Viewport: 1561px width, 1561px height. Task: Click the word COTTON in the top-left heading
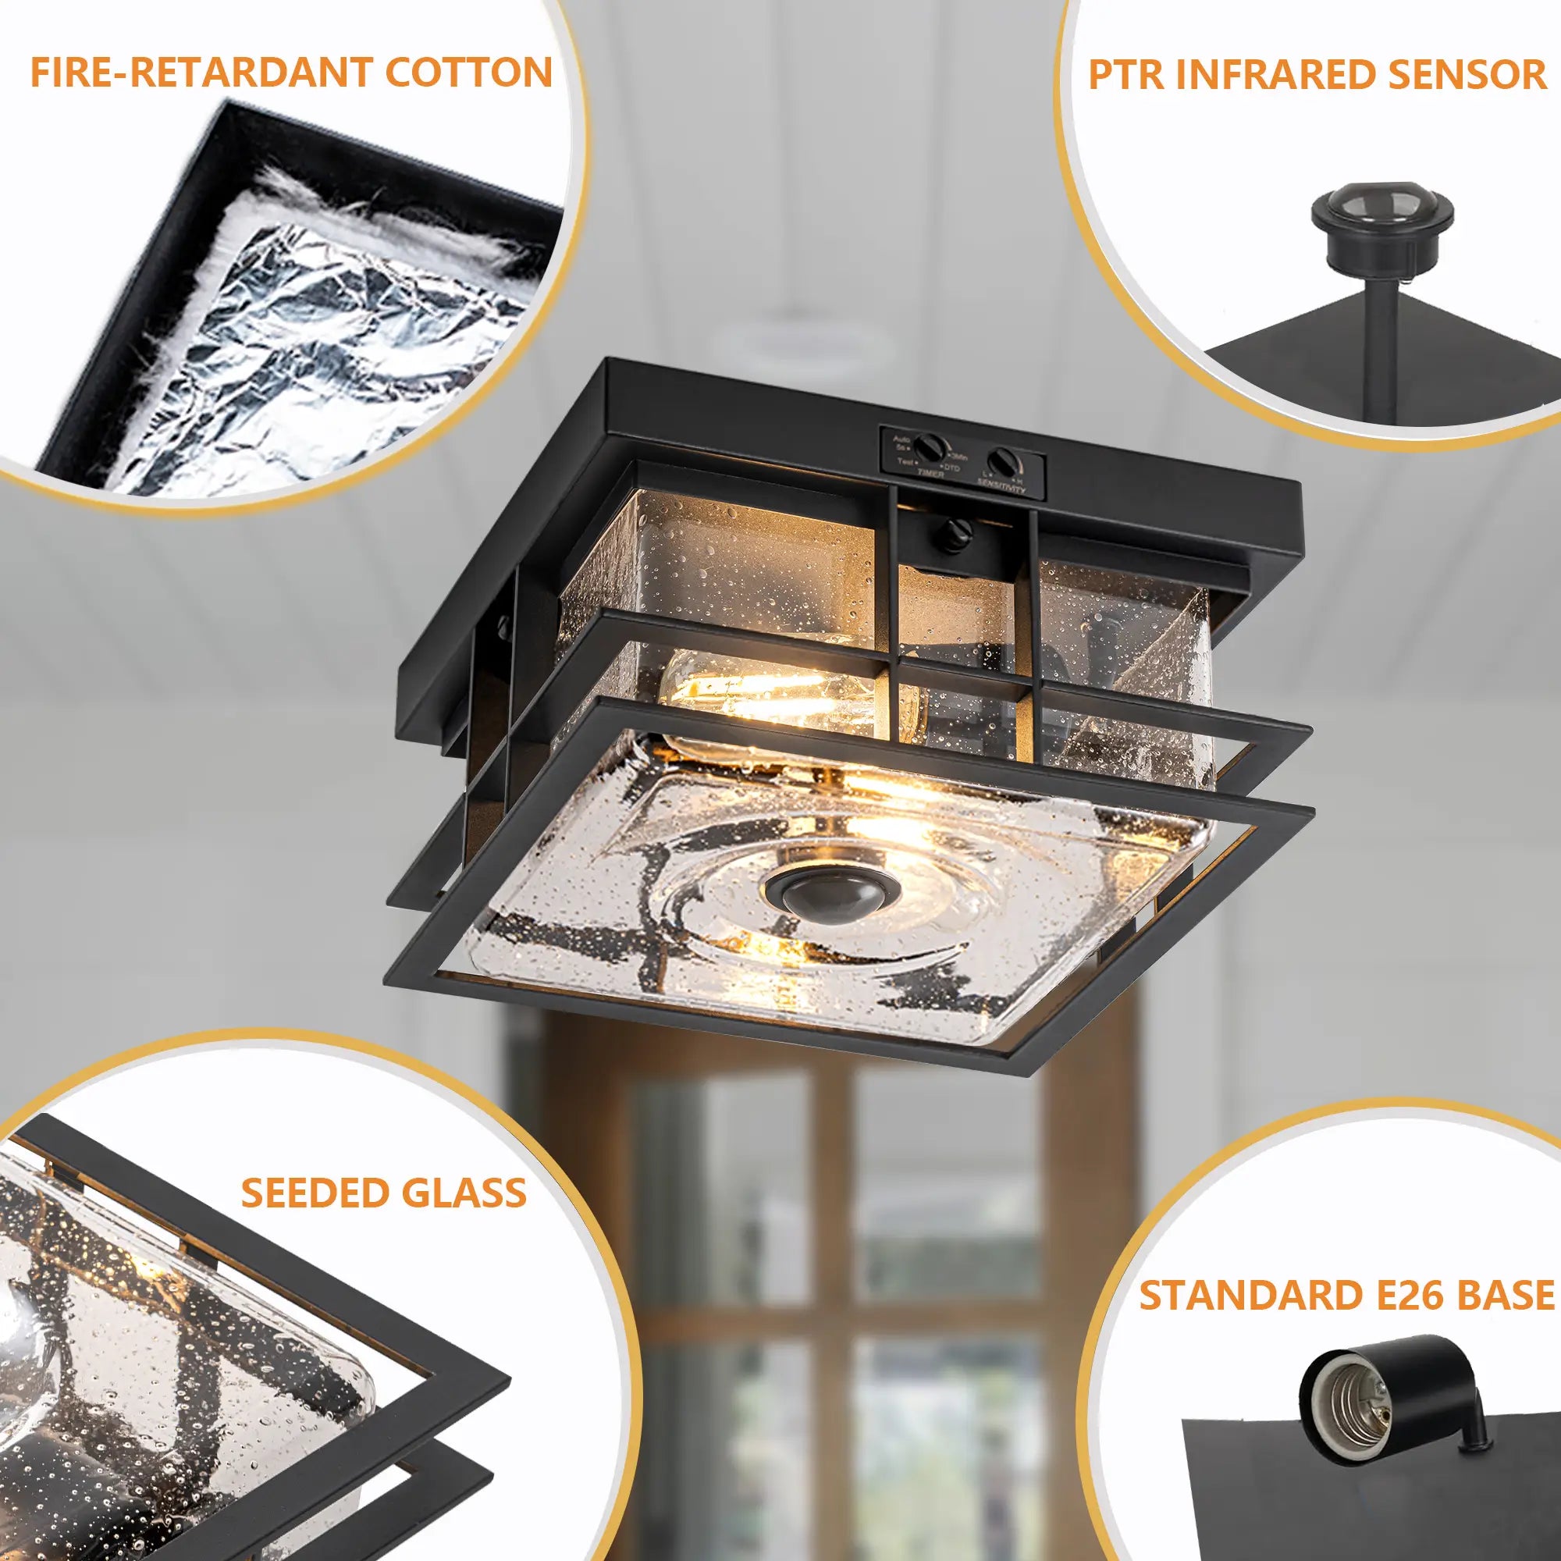pyautogui.click(x=468, y=73)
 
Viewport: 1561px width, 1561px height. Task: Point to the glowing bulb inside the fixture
pyautogui.click(x=767, y=703)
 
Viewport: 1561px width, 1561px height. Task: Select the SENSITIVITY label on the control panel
pyautogui.click(x=1002, y=482)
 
